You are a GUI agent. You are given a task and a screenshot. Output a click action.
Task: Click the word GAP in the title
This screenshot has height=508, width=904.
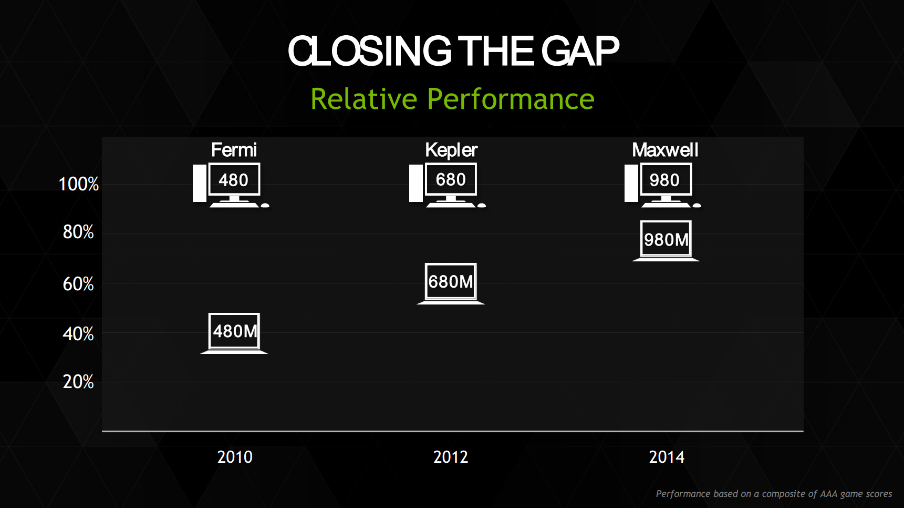click(580, 52)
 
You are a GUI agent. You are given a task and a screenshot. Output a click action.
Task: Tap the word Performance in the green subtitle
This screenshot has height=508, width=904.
click(511, 99)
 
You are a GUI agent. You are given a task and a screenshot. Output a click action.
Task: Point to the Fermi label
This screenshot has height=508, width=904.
click(234, 150)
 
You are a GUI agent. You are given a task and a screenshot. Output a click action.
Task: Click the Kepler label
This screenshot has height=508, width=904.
click(451, 150)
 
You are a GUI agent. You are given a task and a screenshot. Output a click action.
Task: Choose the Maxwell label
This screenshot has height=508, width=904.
click(665, 150)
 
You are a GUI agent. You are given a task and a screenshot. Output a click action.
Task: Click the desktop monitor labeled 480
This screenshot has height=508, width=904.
click(234, 180)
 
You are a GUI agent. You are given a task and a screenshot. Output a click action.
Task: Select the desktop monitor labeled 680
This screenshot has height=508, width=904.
click(451, 179)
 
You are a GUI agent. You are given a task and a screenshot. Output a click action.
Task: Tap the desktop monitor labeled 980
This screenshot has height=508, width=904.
click(665, 180)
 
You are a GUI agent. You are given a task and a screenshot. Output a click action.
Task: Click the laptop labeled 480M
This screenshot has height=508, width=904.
click(234, 332)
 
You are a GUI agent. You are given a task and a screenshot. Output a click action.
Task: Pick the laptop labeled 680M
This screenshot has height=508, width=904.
click(451, 282)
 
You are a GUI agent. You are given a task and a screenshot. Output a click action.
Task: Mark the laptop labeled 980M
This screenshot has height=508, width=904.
click(666, 240)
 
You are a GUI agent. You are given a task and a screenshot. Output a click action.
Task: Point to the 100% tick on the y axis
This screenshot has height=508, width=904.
click(79, 184)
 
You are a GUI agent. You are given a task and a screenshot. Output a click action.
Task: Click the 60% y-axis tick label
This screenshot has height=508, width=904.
click(78, 284)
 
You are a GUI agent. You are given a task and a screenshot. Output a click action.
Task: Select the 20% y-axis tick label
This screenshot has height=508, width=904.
click(78, 382)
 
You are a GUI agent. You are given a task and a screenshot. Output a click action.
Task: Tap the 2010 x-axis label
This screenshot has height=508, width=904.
click(235, 457)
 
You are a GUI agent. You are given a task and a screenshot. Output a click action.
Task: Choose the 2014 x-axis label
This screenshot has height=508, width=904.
click(667, 457)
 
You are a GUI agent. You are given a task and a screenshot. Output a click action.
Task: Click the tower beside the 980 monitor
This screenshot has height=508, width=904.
click(631, 183)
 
